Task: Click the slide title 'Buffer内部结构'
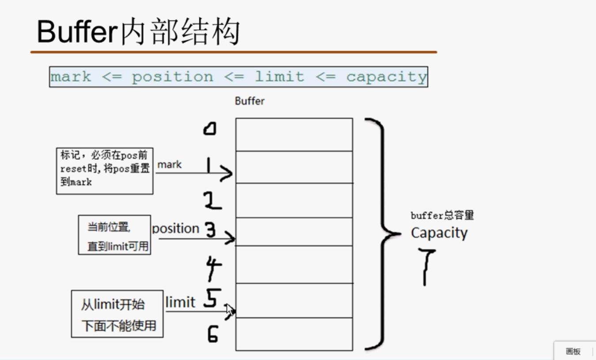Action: (138, 32)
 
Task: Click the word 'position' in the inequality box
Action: (172, 77)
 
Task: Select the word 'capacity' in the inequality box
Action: (386, 77)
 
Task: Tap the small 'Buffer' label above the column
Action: (249, 101)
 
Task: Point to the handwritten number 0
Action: (210, 129)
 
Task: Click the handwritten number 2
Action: (212, 201)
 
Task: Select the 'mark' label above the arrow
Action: (170, 165)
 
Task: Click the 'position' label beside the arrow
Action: (176, 229)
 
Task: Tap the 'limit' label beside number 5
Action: (180, 302)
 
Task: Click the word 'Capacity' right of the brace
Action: (439, 233)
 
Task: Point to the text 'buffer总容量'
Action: (442, 216)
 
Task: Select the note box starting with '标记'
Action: (105, 171)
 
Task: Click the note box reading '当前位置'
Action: (114, 235)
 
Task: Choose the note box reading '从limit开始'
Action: (117, 314)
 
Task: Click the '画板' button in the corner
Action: (573, 351)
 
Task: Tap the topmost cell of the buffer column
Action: (294, 135)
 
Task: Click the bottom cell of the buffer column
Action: (294, 334)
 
